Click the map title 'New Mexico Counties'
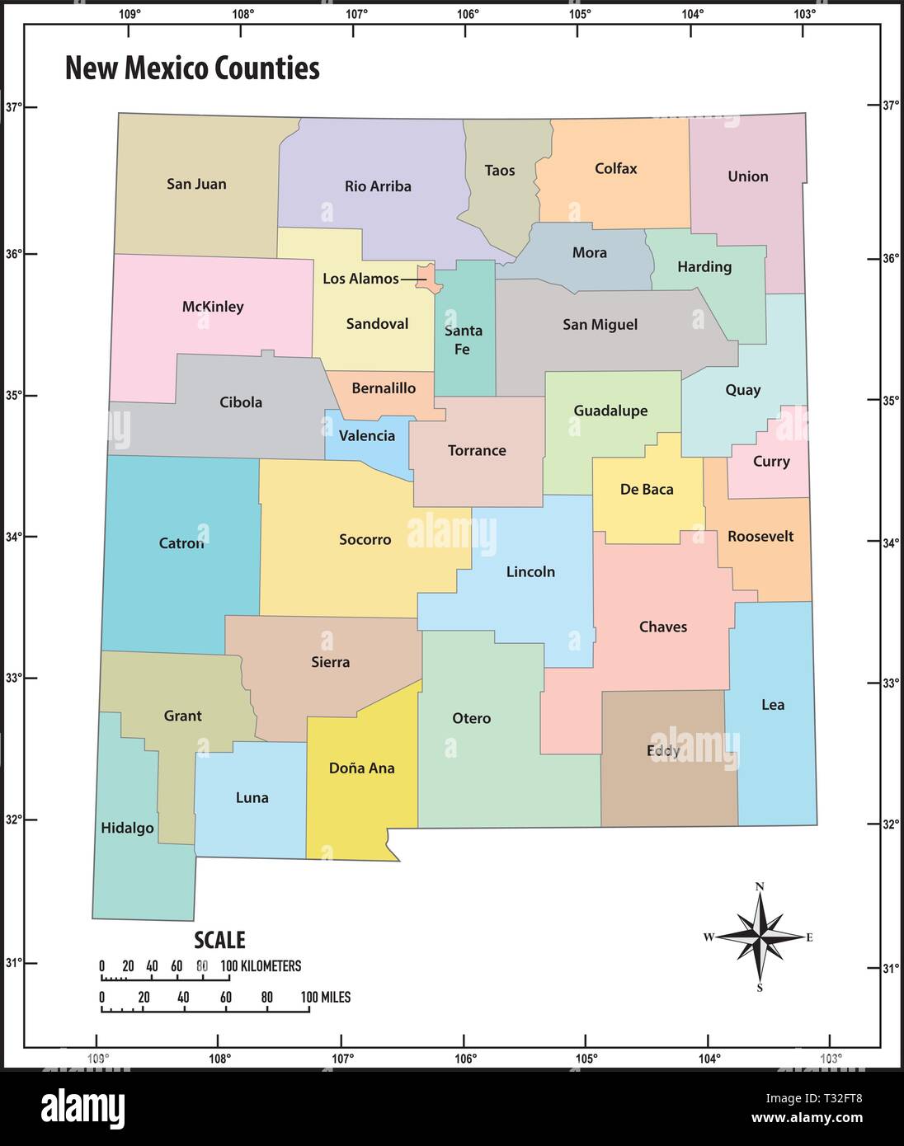pos(192,68)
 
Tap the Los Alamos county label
pos(360,279)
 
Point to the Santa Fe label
pos(463,340)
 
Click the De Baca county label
pos(647,490)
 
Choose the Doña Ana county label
pos(361,768)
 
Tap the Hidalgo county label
pos(127,829)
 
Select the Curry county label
pos(771,462)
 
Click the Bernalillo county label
pos(384,388)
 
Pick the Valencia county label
pos(367,436)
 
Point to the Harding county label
pos(704,267)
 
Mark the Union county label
pos(748,176)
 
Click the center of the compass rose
pos(760,937)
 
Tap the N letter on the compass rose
pos(760,887)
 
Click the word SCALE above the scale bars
pos(219,940)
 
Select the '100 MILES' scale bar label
pos(326,998)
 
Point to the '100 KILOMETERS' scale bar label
pos(261,966)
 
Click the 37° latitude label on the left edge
pos(13,107)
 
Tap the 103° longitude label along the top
pos(804,14)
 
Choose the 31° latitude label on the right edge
pos(890,968)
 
